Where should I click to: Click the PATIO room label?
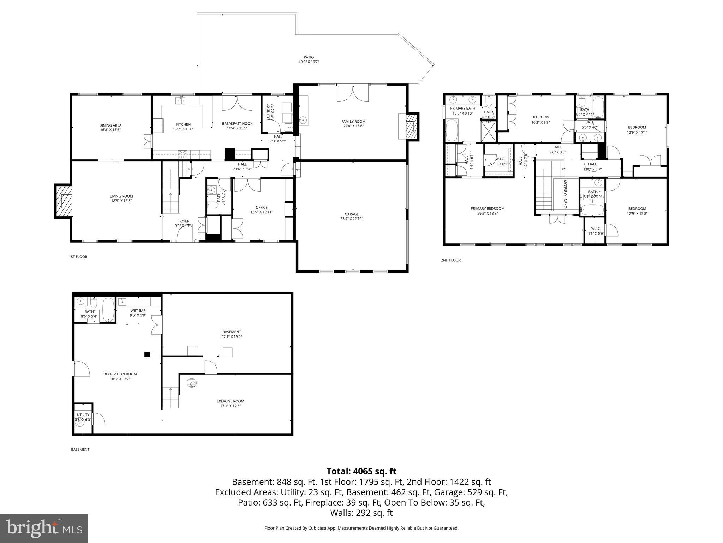[x=309, y=57]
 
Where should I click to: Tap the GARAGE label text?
[x=352, y=214]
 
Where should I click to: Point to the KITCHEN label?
[x=183, y=124]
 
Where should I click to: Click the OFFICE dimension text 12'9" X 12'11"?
[x=262, y=212]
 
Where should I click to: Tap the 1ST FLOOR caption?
[x=78, y=257]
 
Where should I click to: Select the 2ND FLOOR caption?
[x=450, y=260]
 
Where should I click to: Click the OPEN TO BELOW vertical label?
[x=565, y=194]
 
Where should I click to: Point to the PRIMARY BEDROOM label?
[x=487, y=208]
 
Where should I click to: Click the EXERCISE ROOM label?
[x=230, y=401]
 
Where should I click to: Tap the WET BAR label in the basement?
[x=138, y=311]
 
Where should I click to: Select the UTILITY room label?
[x=83, y=415]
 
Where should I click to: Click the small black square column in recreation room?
[x=147, y=355]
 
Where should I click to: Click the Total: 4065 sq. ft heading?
[x=361, y=471]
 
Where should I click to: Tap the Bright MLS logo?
[x=44, y=528]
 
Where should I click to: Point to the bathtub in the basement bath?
[x=108, y=310]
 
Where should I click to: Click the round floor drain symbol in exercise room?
[x=192, y=383]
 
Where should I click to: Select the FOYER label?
[x=184, y=221]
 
